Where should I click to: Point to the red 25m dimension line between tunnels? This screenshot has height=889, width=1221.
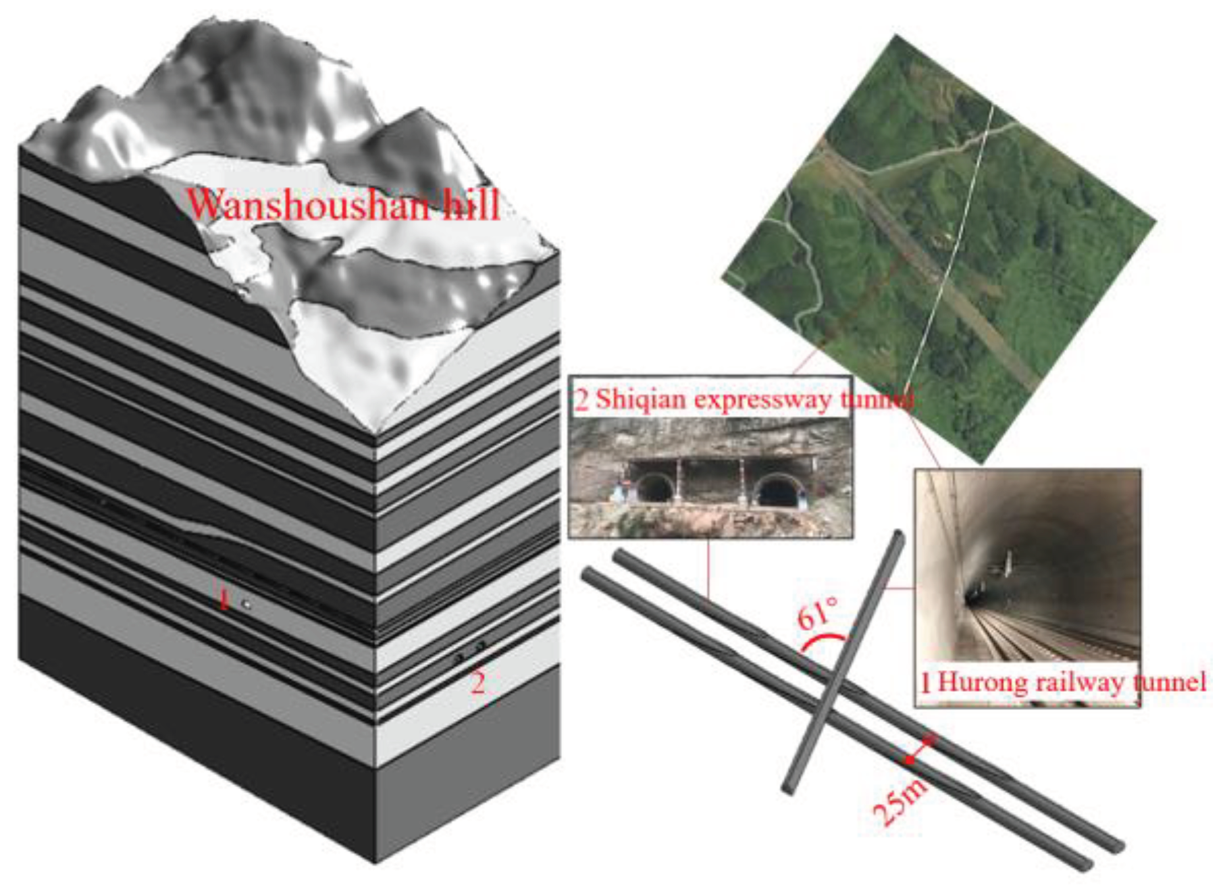tap(920, 749)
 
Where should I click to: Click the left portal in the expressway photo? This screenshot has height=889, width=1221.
tap(653, 489)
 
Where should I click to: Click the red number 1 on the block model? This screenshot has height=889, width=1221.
tap(224, 599)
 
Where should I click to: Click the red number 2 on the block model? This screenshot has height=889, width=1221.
tap(477, 684)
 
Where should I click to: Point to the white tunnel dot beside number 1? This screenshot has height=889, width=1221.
tap(247, 605)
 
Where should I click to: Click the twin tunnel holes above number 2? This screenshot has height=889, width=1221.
tap(469, 652)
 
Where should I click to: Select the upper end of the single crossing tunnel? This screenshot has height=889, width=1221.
tap(898, 535)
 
